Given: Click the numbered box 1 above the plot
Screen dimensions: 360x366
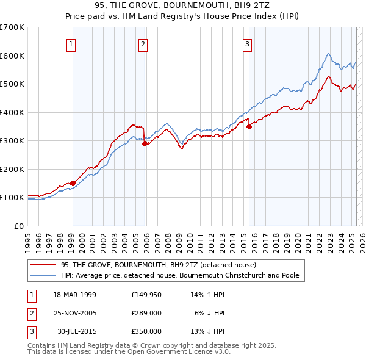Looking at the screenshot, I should click(x=72, y=43).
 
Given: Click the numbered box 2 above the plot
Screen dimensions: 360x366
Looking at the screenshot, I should click(x=142, y=43).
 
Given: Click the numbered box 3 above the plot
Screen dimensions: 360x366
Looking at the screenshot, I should click(x=247, y=43).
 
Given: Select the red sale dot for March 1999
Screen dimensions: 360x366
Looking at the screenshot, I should click(x=73, y=183).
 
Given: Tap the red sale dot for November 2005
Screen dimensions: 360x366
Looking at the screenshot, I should click(x=145, y=144).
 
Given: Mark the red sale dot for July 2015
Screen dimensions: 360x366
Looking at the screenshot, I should click(x=249, y=126).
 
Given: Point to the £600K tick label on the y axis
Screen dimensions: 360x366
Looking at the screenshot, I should click(x=12, y=56).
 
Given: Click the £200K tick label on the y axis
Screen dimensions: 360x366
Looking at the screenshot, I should click(x=12, y=169).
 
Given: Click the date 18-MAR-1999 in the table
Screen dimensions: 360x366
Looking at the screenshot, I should click(x=74, y=295).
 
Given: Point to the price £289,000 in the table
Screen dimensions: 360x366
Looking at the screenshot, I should click(x=146, y=313).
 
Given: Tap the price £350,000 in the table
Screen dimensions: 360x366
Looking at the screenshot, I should click(x=146, y=331).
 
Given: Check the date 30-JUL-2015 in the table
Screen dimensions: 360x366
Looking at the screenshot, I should click(x=77, y=331).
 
